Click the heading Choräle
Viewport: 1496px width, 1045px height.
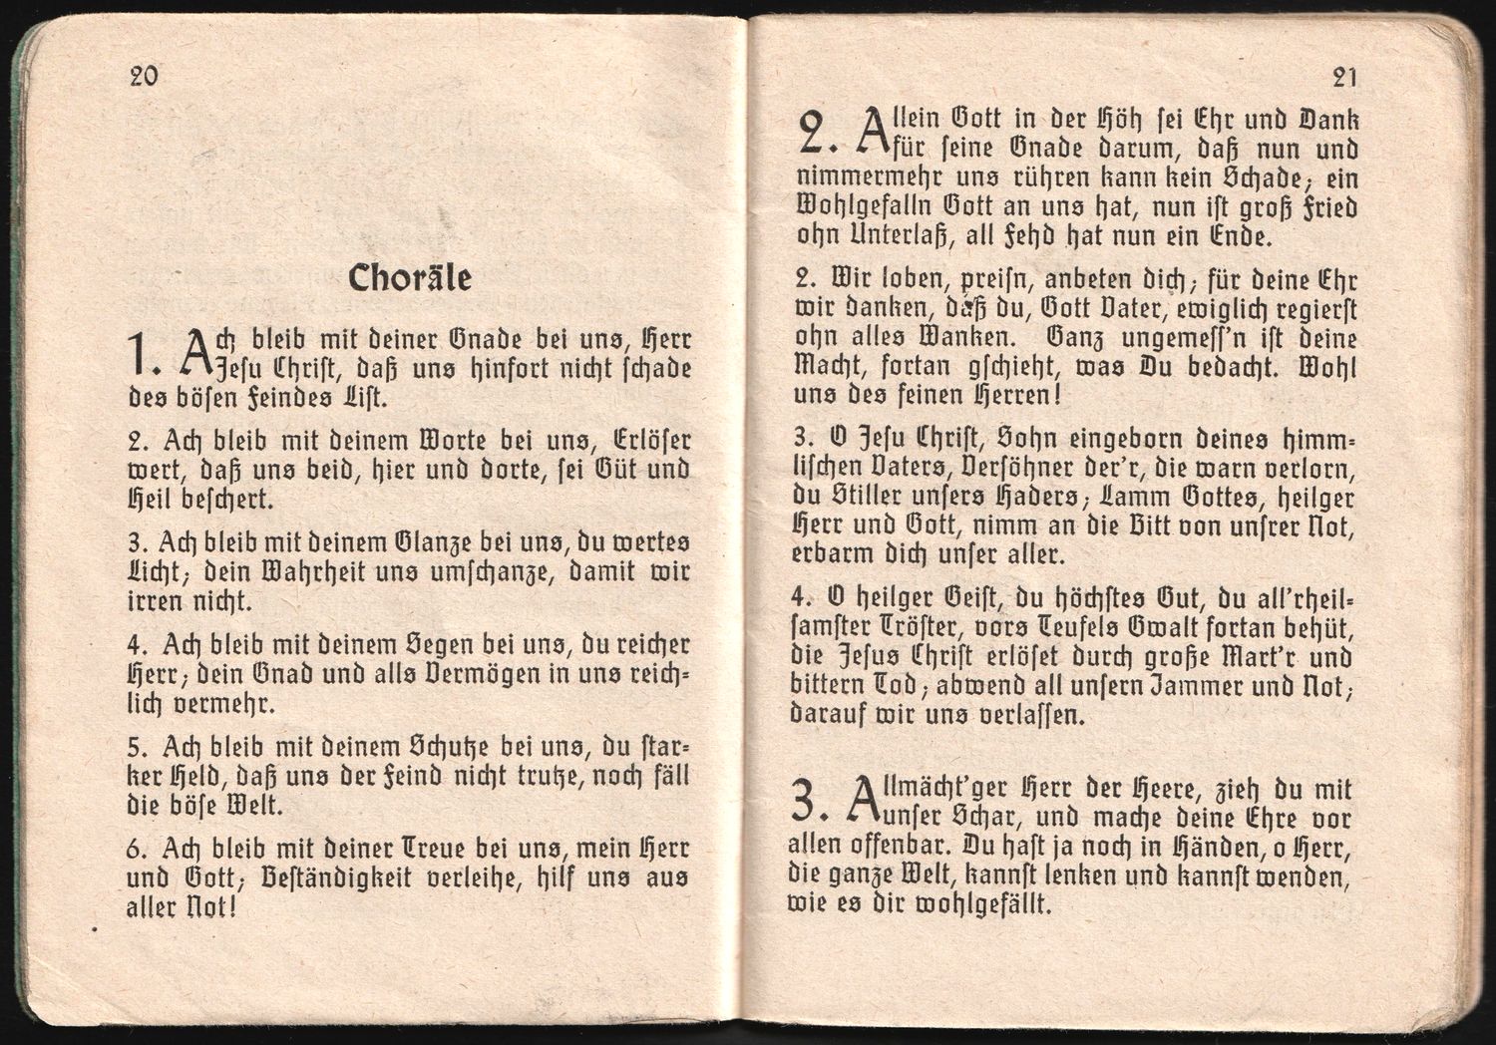click(x=410, y=278)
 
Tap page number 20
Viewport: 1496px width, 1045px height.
click(x=144, y=76)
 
